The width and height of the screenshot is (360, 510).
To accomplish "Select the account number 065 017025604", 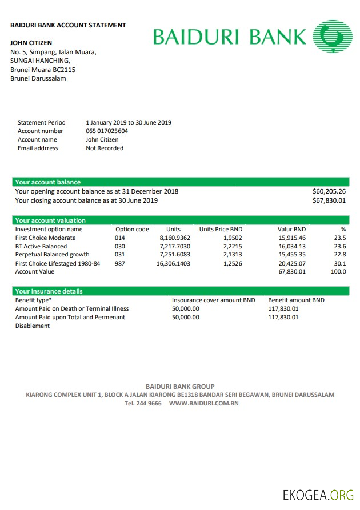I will [107, 131].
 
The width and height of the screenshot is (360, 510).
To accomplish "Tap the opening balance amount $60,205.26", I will [329, 192].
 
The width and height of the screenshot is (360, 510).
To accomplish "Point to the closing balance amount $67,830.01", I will [329, 201].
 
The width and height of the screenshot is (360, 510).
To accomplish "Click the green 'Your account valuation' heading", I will [50, 220].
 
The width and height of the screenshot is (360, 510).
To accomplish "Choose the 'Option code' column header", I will [132, 229].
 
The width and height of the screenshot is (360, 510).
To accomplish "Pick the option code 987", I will [119, 264].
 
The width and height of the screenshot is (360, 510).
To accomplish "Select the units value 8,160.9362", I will [175, 238].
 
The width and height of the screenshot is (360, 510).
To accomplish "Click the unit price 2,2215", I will [233, 247].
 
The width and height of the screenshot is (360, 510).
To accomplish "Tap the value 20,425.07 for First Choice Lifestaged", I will [292, 264].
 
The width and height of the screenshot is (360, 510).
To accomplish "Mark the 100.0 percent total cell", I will [338, 272].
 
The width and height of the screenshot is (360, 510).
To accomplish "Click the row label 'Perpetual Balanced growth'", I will [52, 255].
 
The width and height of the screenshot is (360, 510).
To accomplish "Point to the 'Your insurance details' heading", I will [49, 291].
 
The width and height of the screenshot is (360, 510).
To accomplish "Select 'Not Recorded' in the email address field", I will [105, 148].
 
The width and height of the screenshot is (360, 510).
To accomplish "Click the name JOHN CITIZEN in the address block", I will [31, 43].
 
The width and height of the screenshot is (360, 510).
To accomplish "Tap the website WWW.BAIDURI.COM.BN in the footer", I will [203, 403].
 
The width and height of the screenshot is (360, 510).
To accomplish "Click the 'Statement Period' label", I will [41, 122].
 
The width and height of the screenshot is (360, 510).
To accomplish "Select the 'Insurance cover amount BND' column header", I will [214, 300].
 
